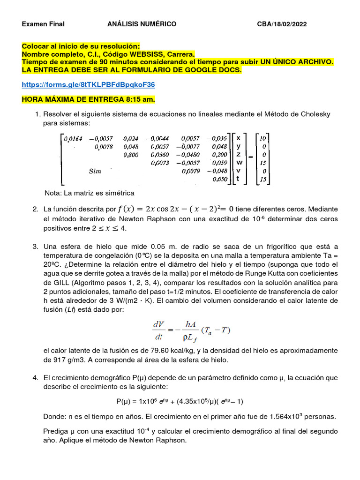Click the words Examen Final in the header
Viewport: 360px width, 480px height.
[x=43, y=24]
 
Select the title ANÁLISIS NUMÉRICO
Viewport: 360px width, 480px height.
[x=142, y=24]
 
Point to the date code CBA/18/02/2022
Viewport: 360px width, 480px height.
[x=282, y=24]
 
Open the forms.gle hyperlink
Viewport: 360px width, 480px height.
[x=89, y=85]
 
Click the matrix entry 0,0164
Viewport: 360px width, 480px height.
[x=73, y=138]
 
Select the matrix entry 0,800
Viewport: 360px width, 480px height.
[x=131, y=155]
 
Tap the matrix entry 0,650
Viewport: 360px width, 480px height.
[x=219, y=179]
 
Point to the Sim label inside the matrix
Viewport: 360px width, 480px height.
[x=95, y=171]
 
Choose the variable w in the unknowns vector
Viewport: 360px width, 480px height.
[x=239, y=163]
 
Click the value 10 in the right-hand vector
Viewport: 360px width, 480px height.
[x=263, y=138]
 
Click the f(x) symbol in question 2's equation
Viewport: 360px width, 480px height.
[x=127, y=209]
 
